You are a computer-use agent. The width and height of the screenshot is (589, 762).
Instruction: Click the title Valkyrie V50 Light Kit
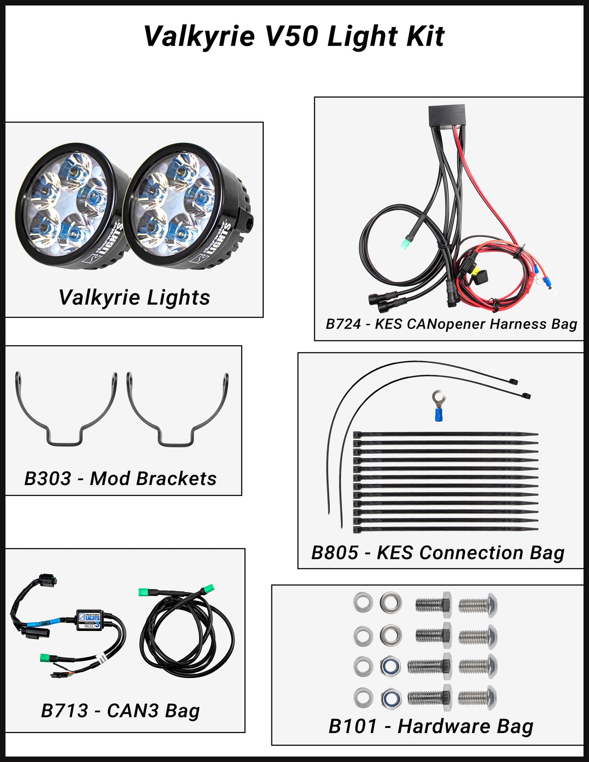pyautogui.click(x=294, y=36)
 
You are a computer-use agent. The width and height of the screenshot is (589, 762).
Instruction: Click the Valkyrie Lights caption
pyautogui.click(x=134, y=297)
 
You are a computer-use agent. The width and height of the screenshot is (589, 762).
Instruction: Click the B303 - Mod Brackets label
pyautogui.click(x=120, y=479)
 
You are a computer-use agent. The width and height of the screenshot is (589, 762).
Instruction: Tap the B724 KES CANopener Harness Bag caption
pyautogui.click(x=451, y=324)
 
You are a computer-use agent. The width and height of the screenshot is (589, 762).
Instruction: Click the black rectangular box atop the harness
pyautogui.click(x=446, y=115)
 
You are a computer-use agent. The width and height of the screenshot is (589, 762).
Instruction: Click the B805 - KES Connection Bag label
pyautogui.click(x=438, y=553)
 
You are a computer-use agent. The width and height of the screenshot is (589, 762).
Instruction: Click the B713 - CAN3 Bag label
pyautogui.click(x=120, y=710)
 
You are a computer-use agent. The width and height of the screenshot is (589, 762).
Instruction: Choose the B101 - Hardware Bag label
pyautogui.click(x=431, y=726)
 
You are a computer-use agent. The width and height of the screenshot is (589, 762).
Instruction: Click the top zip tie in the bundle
pyautogui.click(x=445, y=434)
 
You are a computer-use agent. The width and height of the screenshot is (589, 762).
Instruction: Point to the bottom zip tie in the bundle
pyautogui.click(x=445, y=530)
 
